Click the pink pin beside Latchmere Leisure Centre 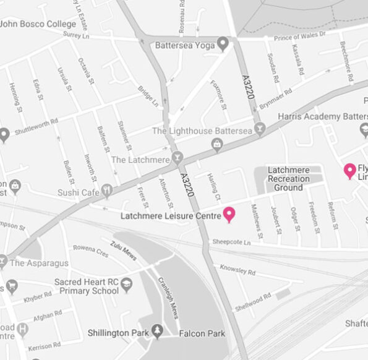coord(229,214)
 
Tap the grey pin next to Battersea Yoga coord(223,44)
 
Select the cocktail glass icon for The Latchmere coord(178,157)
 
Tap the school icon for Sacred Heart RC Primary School coord(127,285)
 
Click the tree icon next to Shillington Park coord(158,333)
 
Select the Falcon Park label coord(202,333)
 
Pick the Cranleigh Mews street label coord(165,296)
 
